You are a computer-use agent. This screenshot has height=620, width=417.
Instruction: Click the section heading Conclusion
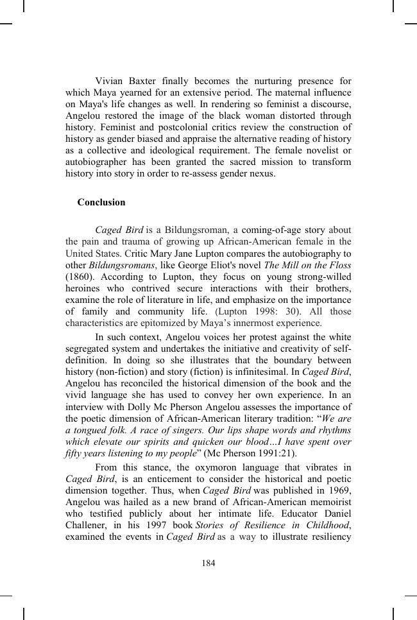point(101,202)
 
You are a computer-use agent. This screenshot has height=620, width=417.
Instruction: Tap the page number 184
point(208,564)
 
